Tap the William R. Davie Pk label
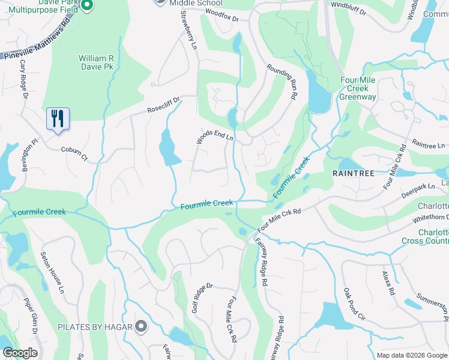[x=96, y=62]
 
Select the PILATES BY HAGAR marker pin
[x=141, y=326]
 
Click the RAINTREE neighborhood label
[x=354, y=173]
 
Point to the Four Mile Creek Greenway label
[x=358, y=88]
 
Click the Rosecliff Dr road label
[x=164, y=105]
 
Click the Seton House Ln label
[x=52, y=271]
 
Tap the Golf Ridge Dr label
[x=202, y=298]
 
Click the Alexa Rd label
[x=388, y=283]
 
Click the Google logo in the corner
[x=19, y=353]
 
